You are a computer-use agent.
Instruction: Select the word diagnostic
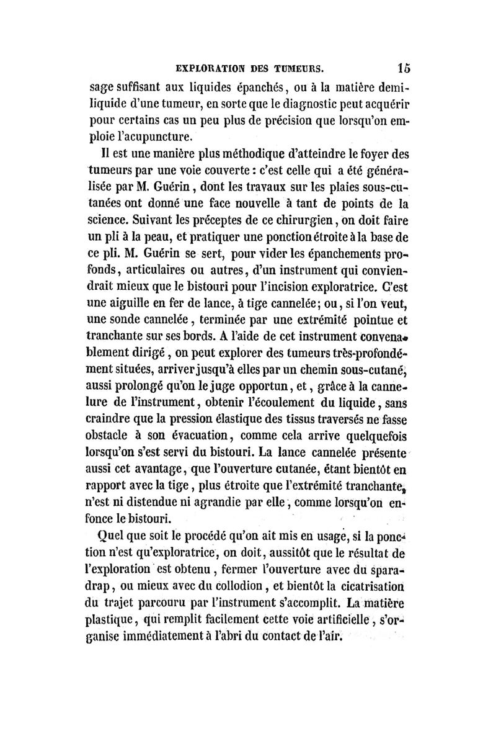(x=292, y=102)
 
